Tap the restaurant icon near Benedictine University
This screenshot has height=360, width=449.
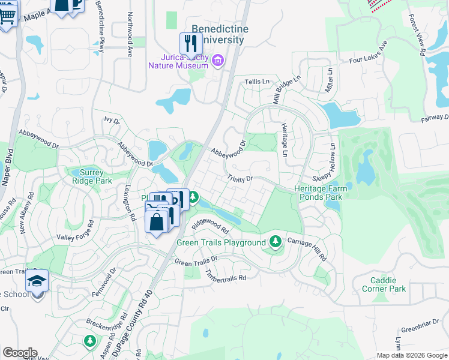coord(191,44)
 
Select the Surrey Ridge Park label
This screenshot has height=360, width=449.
coord(92,176)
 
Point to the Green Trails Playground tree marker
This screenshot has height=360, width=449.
coord(275,241)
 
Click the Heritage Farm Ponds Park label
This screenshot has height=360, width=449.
coord(318,193)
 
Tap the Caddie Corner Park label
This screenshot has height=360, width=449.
coord(384,284)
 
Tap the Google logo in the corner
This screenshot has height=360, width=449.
coord(19,353)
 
